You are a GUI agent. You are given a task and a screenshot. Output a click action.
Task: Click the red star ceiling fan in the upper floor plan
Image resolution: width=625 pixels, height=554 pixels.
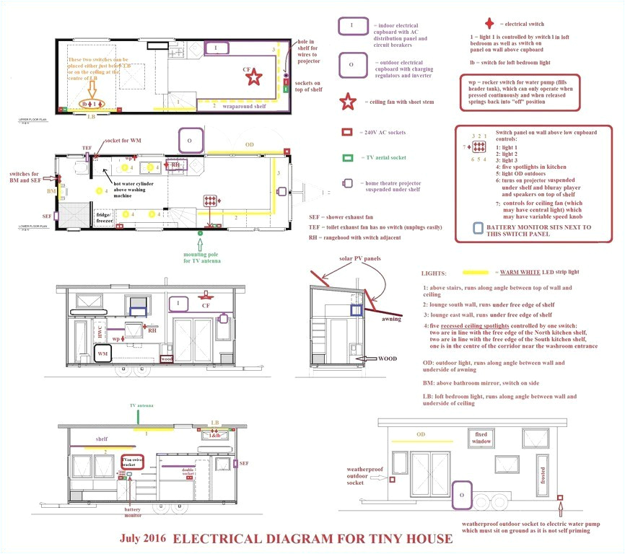coord(253,77)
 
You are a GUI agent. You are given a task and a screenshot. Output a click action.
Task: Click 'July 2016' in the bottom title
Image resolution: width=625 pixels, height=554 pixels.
coord(144,539)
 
